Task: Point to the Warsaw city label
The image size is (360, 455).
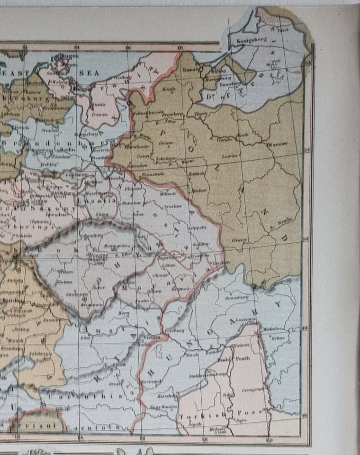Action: (278, 143)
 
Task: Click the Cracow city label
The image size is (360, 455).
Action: (240, 241)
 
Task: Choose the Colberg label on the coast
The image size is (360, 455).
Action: (122, 77)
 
